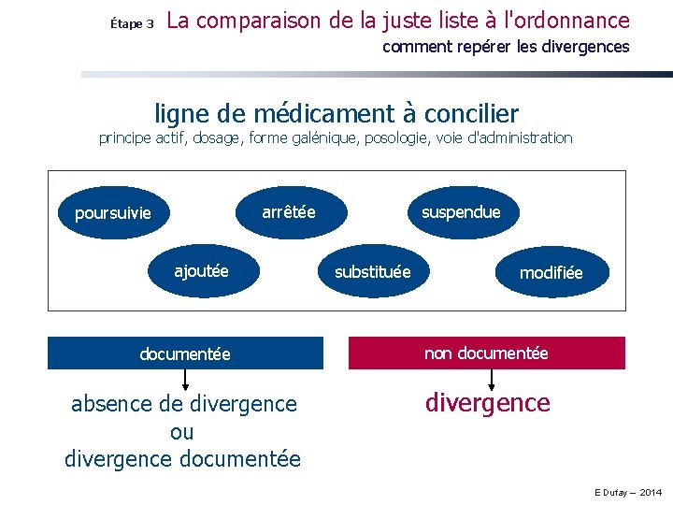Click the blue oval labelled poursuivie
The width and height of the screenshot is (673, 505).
pos(112,213)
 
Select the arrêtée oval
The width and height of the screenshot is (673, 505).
pos(289,212)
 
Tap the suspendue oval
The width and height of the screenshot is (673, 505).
pos(461,212)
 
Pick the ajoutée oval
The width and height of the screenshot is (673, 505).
pos(201,271)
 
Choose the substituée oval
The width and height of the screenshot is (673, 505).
pos(372,272)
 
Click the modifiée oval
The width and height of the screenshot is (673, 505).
pos(551,272)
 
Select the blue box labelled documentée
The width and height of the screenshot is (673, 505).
pos(185,353)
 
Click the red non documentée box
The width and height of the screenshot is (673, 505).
pos(486,353)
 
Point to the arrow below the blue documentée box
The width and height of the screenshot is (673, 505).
pos(185,380)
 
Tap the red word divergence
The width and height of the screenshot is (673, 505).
pos(487,403)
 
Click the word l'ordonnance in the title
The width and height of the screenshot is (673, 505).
pos(571,20)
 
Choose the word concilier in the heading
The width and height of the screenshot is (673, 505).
pos(471,114)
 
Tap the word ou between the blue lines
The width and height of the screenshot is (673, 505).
pos(182,432)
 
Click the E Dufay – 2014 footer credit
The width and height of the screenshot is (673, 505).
pos(626,492)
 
